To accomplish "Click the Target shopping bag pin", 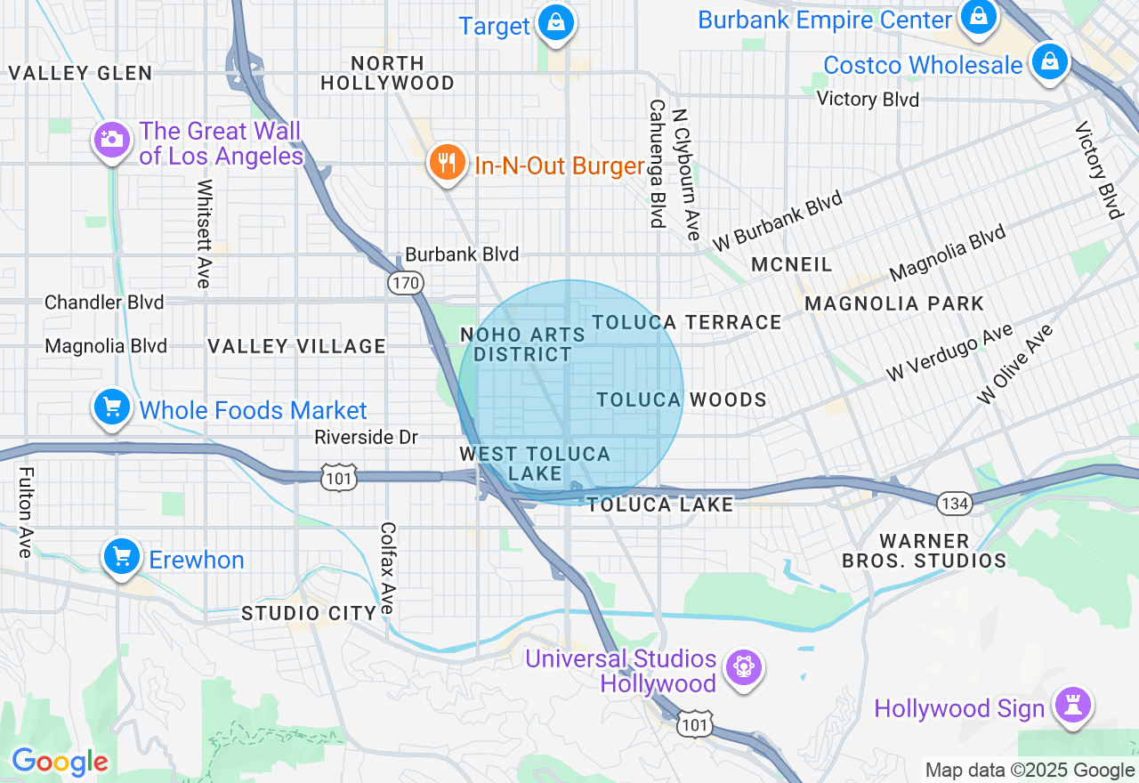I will coord(556,23).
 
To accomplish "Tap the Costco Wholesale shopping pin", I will coord(1050,62).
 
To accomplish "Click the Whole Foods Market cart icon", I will coord(112,408).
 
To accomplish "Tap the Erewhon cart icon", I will coord(122,558).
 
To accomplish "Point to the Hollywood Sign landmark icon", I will coord(1073,706).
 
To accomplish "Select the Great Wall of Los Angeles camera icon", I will coord(112,140).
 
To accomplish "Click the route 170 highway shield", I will coord(405,283).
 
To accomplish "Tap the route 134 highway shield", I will coord(953,504).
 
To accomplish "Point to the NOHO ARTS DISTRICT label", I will coord(522,344).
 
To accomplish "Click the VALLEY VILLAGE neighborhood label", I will coord(296,346).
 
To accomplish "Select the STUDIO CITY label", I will coord(309,613).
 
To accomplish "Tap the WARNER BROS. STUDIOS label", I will coord(924,551).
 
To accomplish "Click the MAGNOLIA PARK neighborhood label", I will coord(894,304).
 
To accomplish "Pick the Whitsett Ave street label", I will coord(205,233).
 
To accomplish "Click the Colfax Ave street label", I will coord(387,568).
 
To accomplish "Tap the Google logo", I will coord(60,763).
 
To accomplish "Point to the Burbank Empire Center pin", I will coord(978,18).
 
